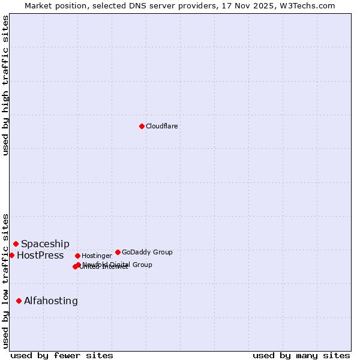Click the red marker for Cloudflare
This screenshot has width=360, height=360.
[x=142, y=126]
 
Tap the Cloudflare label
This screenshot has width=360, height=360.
[x=162, y=126]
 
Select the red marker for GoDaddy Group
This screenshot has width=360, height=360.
[x=118, y=252]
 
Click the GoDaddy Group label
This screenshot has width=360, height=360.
[x=147, y=252]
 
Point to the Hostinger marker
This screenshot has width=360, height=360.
[x=77, y=256]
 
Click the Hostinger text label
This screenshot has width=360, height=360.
[x=97, y=256]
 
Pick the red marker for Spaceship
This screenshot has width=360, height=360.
[x=16, y=244]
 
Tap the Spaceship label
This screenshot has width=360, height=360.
[x=45, y=244]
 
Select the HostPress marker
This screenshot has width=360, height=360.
[x=12, y=255]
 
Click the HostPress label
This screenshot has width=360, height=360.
[x=40, y=255]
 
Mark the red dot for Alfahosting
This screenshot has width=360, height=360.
[x=19, y=301]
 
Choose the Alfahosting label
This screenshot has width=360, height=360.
[x=51, y=301]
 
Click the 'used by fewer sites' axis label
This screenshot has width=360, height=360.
[x=62, y=355]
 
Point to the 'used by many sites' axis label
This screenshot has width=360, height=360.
[x=301, y=355]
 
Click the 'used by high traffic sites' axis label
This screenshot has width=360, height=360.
[x=5, y=85]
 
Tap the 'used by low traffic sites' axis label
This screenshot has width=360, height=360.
[x=5, y=280]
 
